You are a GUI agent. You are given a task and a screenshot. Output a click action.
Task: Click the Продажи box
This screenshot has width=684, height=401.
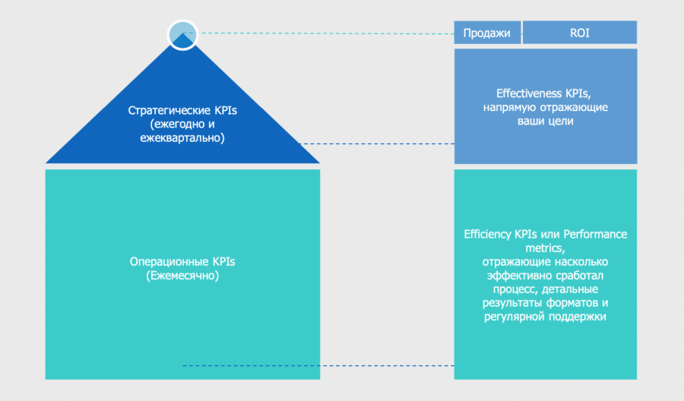tap(487, 33)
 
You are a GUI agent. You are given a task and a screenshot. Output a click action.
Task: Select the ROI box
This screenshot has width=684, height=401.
tap(579, 33)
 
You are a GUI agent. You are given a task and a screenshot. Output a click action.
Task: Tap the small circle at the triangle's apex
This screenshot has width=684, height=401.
tap(182, 34)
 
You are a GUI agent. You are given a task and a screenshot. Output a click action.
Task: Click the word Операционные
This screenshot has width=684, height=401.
tap(163, 262)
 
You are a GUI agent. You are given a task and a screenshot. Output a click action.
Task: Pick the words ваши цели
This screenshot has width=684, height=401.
tap(545, 121)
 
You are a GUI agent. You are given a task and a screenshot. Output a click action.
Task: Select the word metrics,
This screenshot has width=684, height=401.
tap(545, 248)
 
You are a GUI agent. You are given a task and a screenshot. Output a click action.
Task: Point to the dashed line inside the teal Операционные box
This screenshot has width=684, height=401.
tap(251, 366)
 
